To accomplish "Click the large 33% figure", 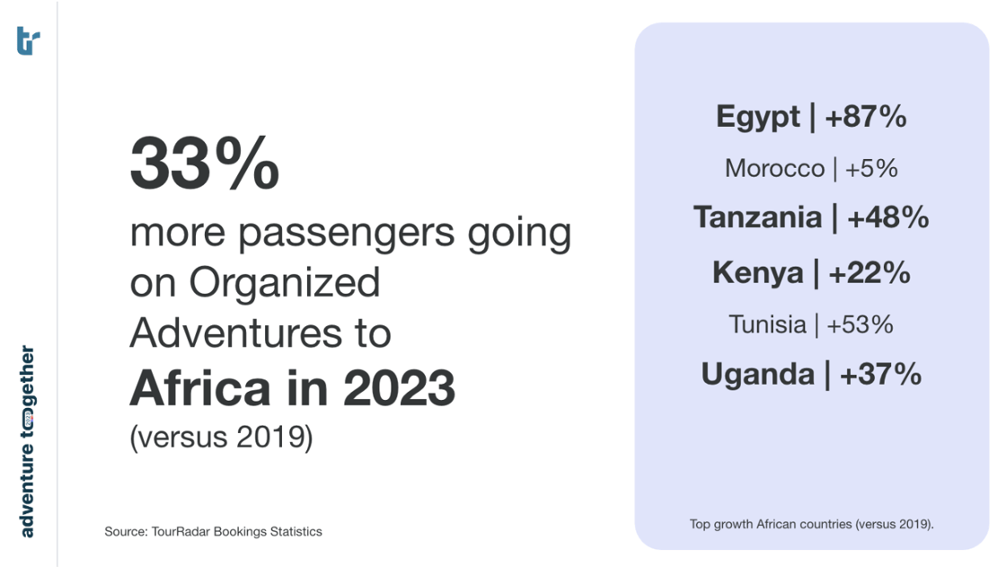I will click(205, 165).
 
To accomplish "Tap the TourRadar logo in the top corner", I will click(28, 40).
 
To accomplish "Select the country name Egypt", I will click(757, 117).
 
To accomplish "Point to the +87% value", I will click(865, 117).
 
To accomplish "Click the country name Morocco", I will click(774, 169).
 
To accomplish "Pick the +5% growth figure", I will click(871, 169).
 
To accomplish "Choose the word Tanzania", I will click(757, 217).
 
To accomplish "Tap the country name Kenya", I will click(757, 273).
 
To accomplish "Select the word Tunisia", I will click(767, 324).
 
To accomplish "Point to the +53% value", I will click(860, 324).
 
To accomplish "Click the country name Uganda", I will click(756, 374).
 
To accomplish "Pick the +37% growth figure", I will click(880, 374).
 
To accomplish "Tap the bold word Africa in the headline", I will click(199, 387).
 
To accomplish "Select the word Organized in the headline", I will click(284, 283).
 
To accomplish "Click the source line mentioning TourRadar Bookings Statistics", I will click(213, 532).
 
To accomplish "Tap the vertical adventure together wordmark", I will click(28, 441).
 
